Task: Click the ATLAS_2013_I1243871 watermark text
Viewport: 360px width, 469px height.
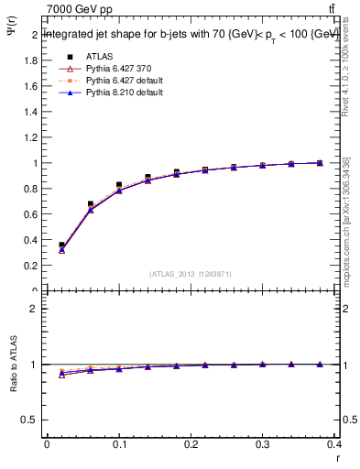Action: tap(191, 275)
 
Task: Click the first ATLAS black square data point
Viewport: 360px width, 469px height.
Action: tap(61, 245)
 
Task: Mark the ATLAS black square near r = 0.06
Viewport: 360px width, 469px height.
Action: tap(90, 204)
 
